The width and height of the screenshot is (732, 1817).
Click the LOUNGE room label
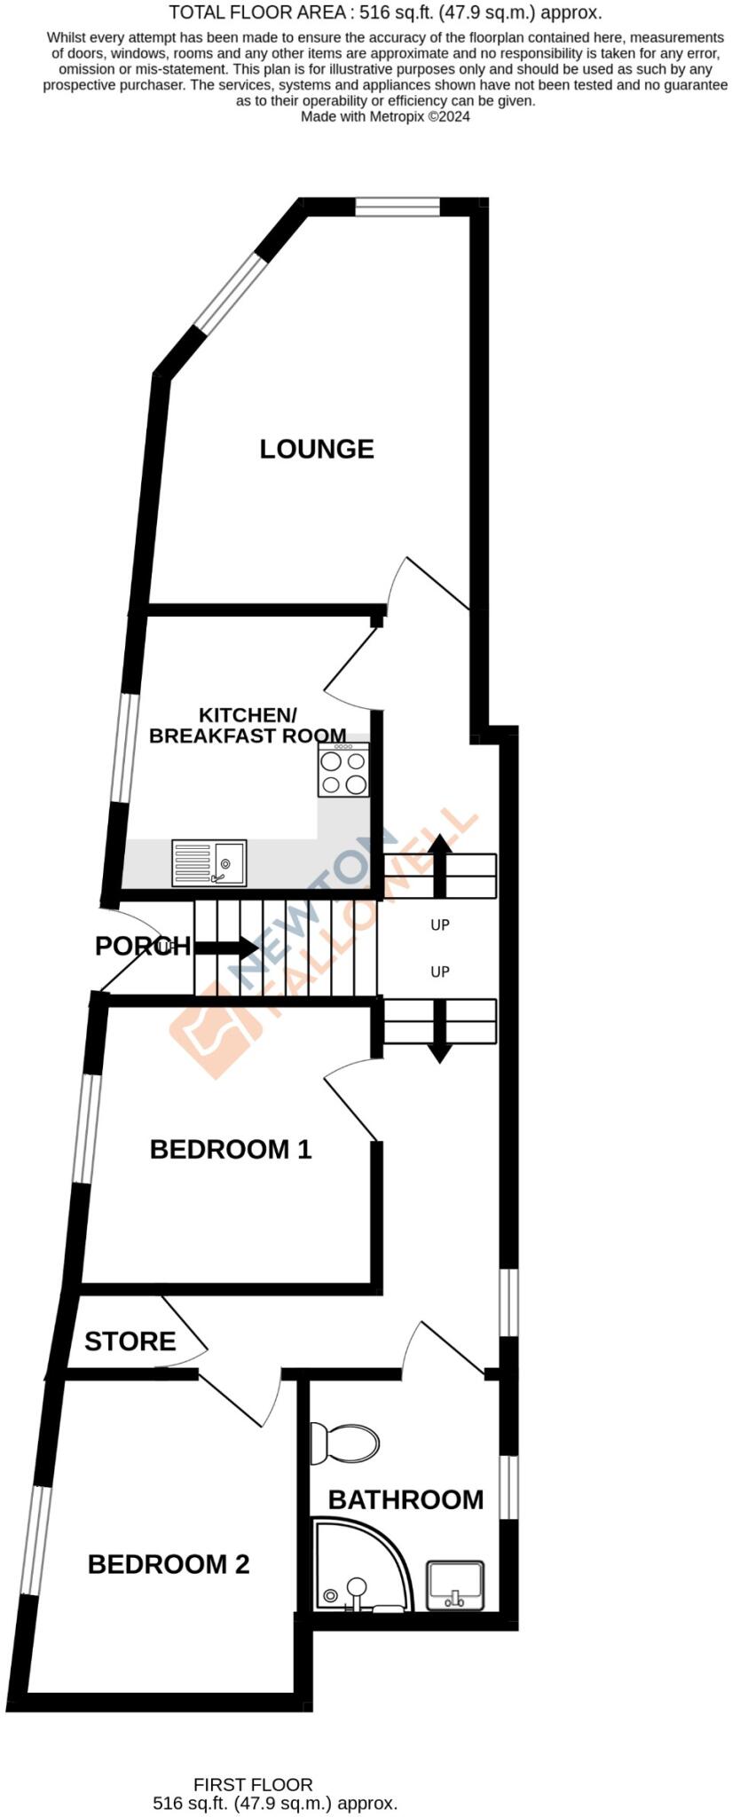(x=317, y=449)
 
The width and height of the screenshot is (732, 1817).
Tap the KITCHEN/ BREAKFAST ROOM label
(x=248, y=725)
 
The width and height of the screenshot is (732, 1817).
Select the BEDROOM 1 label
(x=231, y=1149)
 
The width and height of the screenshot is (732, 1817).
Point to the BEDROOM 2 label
(x=169, y=1563)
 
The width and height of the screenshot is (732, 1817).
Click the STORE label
(x=130, y=1341)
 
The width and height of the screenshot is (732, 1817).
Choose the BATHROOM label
(x=405, y=1498)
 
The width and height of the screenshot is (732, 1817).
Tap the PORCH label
(x=142, y=947)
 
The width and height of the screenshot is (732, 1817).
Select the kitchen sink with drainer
(x=209, y=862)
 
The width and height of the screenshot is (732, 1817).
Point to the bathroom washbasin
(x=455, y=1585)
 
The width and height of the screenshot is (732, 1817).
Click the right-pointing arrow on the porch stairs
(x=225, y=948)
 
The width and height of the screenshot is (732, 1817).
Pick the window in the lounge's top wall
(x=397, y=207)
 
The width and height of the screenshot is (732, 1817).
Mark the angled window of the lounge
(x=231, y=293)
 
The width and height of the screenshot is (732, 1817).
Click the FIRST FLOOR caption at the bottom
(x=253, y=1784)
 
